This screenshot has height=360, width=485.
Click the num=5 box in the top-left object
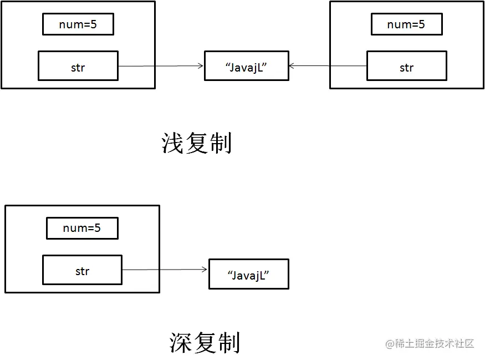[78, 24]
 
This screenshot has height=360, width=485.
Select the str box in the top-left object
[78, 66]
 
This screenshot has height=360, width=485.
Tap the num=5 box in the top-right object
[406, 24]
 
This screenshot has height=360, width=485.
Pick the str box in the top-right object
[406, 66]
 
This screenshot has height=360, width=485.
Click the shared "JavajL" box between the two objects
[246, 66]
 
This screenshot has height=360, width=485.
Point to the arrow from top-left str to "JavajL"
[161, 66]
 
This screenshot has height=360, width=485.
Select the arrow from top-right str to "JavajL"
[327, 66]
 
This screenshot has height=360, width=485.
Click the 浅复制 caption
[196, 143]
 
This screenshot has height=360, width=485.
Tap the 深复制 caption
[205, 343]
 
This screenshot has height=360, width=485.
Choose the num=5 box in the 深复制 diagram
[82, 228]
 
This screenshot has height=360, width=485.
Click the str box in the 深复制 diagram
[82, 270]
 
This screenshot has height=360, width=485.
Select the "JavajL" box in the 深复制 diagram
[248, 274]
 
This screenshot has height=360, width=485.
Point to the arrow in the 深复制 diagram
[165, 270]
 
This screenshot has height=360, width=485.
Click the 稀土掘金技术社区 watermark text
[435, 343]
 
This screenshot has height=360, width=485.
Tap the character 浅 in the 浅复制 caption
[172, 143]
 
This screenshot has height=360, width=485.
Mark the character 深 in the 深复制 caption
[181, 343]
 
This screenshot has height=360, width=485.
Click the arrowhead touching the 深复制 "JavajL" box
[205, 270]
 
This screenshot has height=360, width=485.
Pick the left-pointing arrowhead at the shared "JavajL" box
[292, 66]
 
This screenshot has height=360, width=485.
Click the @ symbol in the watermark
[390, 343]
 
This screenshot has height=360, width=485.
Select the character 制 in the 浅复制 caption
[221, 143]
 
